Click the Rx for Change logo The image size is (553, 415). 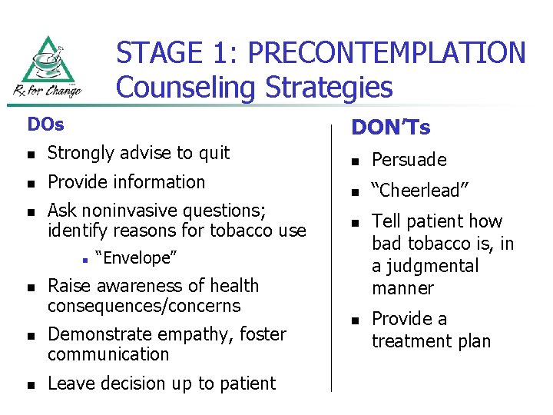47,68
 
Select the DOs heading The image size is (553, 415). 45,124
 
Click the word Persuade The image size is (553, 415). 409,160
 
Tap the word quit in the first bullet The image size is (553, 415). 214,153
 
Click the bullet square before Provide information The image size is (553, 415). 29,184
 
